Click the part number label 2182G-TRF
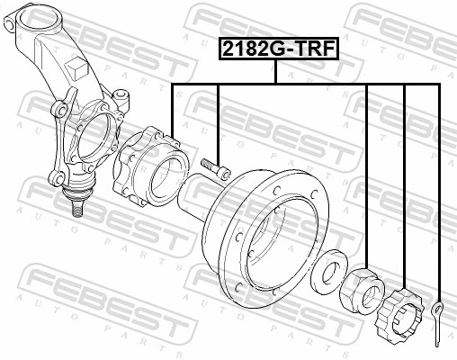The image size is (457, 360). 276,48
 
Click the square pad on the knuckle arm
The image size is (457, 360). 78,66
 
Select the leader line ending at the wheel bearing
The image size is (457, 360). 171,108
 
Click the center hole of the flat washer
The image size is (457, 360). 326,267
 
